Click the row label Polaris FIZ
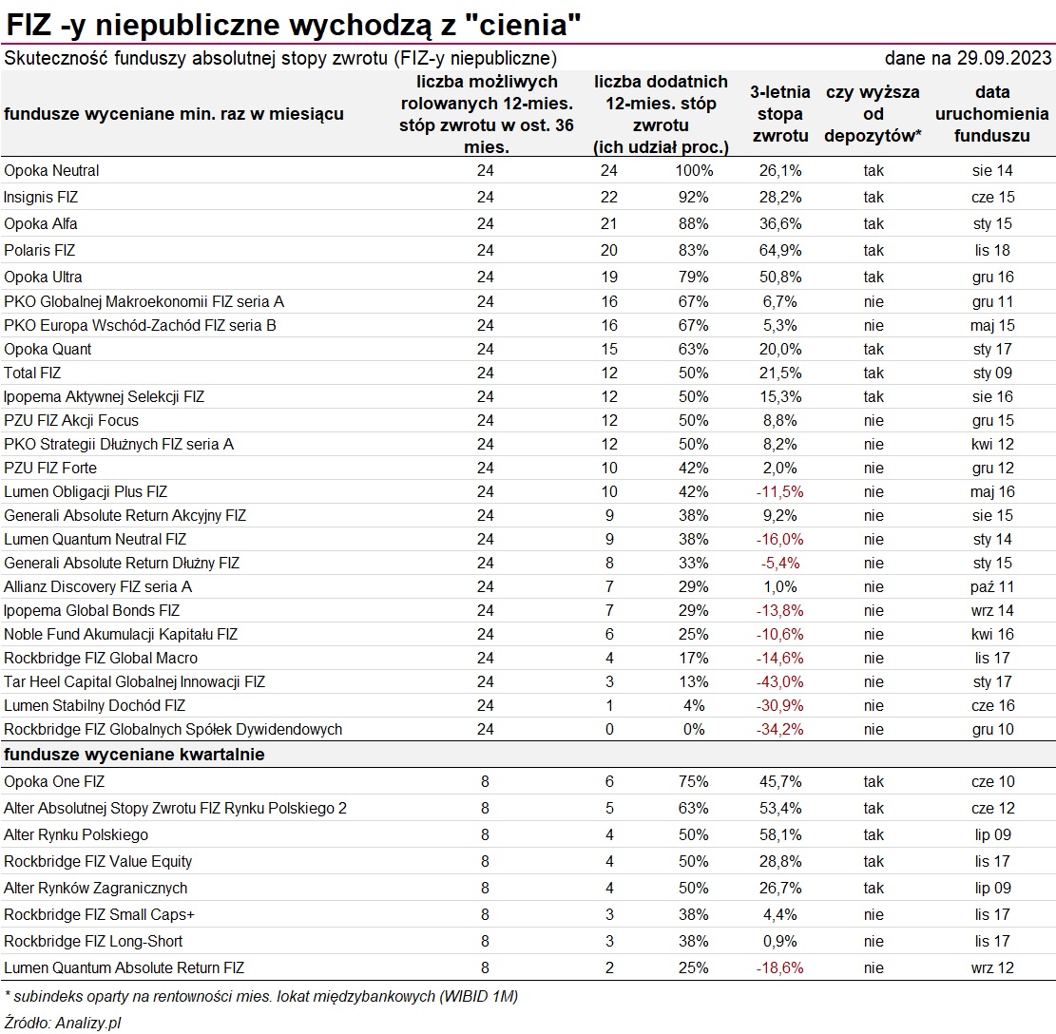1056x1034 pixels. [x=39, y=251]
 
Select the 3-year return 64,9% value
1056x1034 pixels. [x=780, y=251]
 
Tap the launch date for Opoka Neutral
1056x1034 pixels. [x=992, y=171]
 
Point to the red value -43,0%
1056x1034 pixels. [x=779, y=682]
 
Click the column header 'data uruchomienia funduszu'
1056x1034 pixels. [x=992, y=114]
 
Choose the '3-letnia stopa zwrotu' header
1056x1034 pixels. [x=780, y=114]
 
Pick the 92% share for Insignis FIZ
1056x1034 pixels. [x=694, y=198]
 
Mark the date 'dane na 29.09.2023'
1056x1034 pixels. [x=968, y=59]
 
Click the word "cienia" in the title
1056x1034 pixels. [x=522, y=26]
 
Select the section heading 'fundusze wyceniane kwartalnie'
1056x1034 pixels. [x=134, y=755]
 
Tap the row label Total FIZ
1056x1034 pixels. [x=32, y=373]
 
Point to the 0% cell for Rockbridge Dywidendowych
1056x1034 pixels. [x=694, y=730]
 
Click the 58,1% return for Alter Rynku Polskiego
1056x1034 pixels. [x=780, y=835]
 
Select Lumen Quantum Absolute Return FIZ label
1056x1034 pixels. [x=124, y=968]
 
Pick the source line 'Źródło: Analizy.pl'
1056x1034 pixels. [x=63, y=1023]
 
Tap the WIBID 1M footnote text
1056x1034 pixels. [x=261, y=996]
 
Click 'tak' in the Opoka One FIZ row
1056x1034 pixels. [x=874, y=782]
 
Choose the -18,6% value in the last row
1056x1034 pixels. [x=779, y=968]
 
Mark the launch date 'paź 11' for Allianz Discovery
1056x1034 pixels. [x=992, y=587]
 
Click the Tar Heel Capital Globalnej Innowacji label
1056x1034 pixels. [x=135, y=682]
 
